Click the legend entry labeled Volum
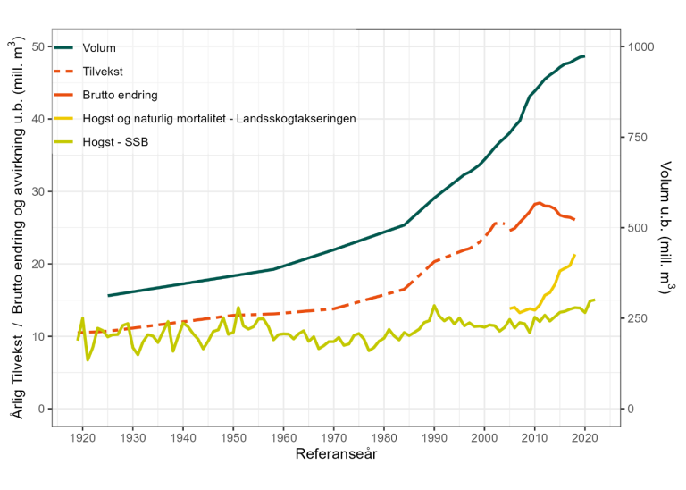[99, 47]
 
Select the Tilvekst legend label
[103, 71]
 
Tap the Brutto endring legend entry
[120, 94]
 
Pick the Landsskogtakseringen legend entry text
[219, 117]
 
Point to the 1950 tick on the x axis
[233, 437]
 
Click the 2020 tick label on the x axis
[584, 437]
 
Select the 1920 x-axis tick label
[82, 437]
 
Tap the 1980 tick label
[383, 437]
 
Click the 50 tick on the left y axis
[38, 46]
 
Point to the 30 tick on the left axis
[38, 191]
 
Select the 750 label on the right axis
[640, 137]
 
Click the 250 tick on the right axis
[640, 318]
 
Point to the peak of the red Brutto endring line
[538, 203]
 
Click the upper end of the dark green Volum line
[584, 56]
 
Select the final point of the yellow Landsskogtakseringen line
[574, 255]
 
